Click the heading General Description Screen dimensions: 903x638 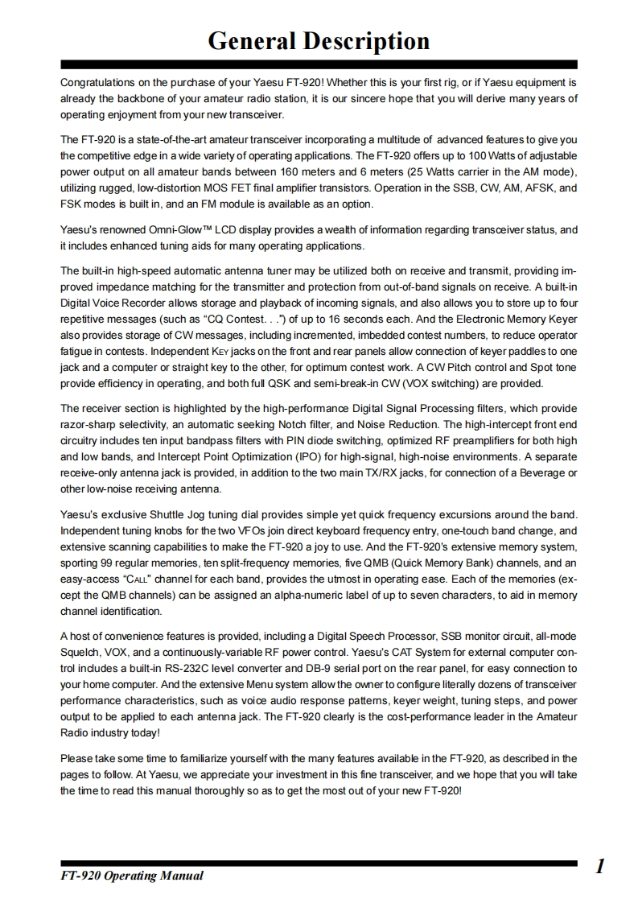319,41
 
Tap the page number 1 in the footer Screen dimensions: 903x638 600,867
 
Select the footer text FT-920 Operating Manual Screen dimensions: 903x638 132,876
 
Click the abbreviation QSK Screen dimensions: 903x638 326,384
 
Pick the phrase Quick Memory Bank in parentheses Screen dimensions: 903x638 438,563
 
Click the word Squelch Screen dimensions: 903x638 80,652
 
